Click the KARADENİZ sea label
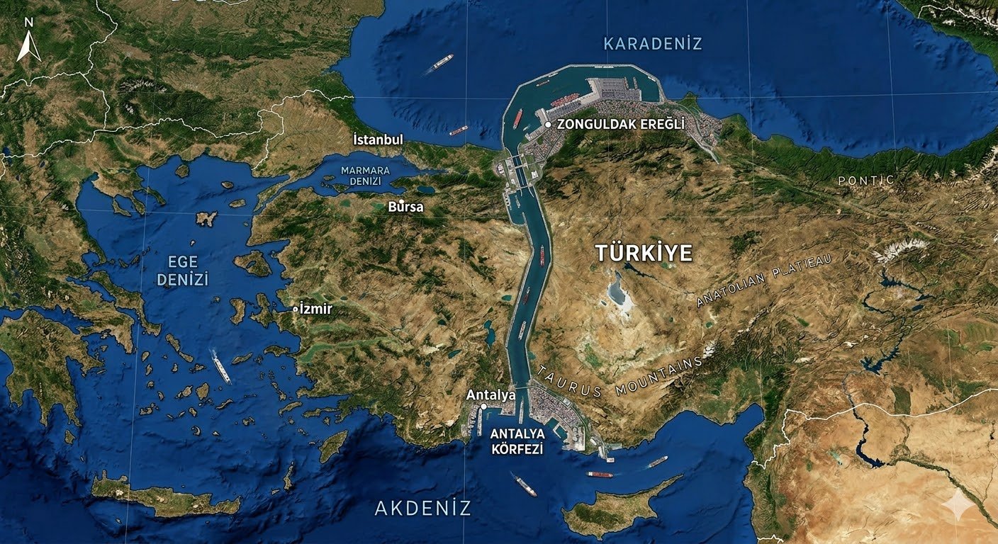point(652,44)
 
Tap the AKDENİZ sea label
point(422,508)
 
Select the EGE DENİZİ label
point(183,270)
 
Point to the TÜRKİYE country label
point(644,254)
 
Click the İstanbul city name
point(378,140)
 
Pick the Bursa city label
point(406,208)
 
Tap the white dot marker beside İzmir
point(296,310)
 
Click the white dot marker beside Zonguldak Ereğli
point(548,125)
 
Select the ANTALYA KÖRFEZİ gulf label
point(517,441)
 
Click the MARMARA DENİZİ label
point(365,176)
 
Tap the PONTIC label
point(865,181)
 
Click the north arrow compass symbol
point(28,42)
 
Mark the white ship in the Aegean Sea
point(221,366)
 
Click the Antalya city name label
point(490,395)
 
